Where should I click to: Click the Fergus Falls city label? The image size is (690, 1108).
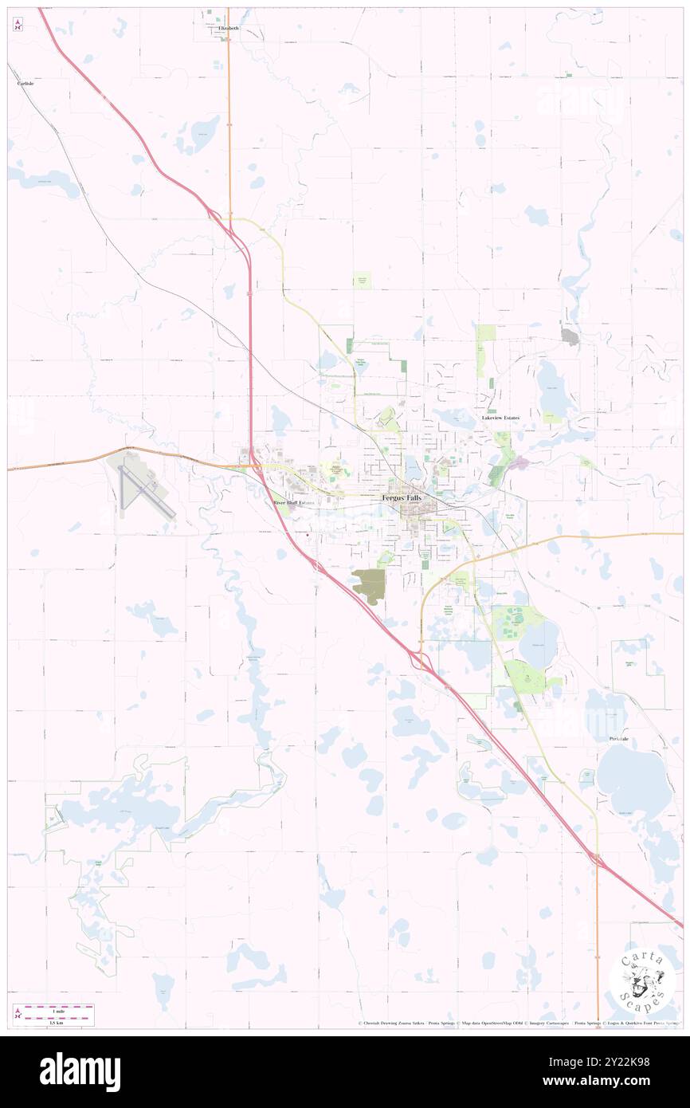tap(402, 497)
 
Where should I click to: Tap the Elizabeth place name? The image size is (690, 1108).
tap(228, 28)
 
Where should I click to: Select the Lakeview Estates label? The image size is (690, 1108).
tap(500, 418)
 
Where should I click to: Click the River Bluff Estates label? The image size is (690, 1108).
tap(294, 503)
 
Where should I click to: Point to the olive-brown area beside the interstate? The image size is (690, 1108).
tap(369, 586)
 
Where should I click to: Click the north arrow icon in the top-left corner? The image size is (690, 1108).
tap(18, 25)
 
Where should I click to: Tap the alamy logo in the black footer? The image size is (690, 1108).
tap(80, 1071)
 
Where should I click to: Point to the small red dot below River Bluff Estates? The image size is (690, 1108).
tap(308, 536)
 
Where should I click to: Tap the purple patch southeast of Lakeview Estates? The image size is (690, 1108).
tap(519, 462)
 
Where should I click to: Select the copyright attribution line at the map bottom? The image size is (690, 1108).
tap(518, 1024)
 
